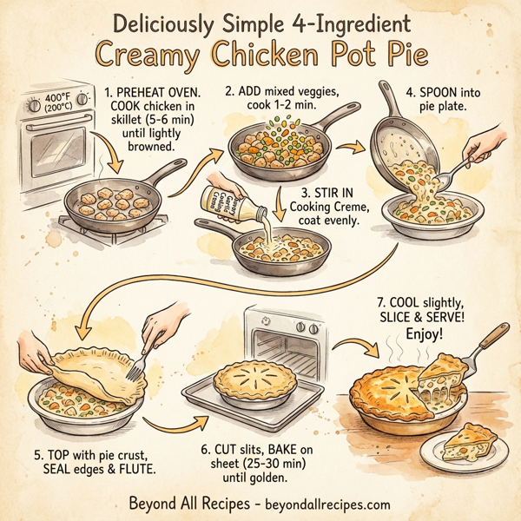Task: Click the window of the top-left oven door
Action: point(54,153)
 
